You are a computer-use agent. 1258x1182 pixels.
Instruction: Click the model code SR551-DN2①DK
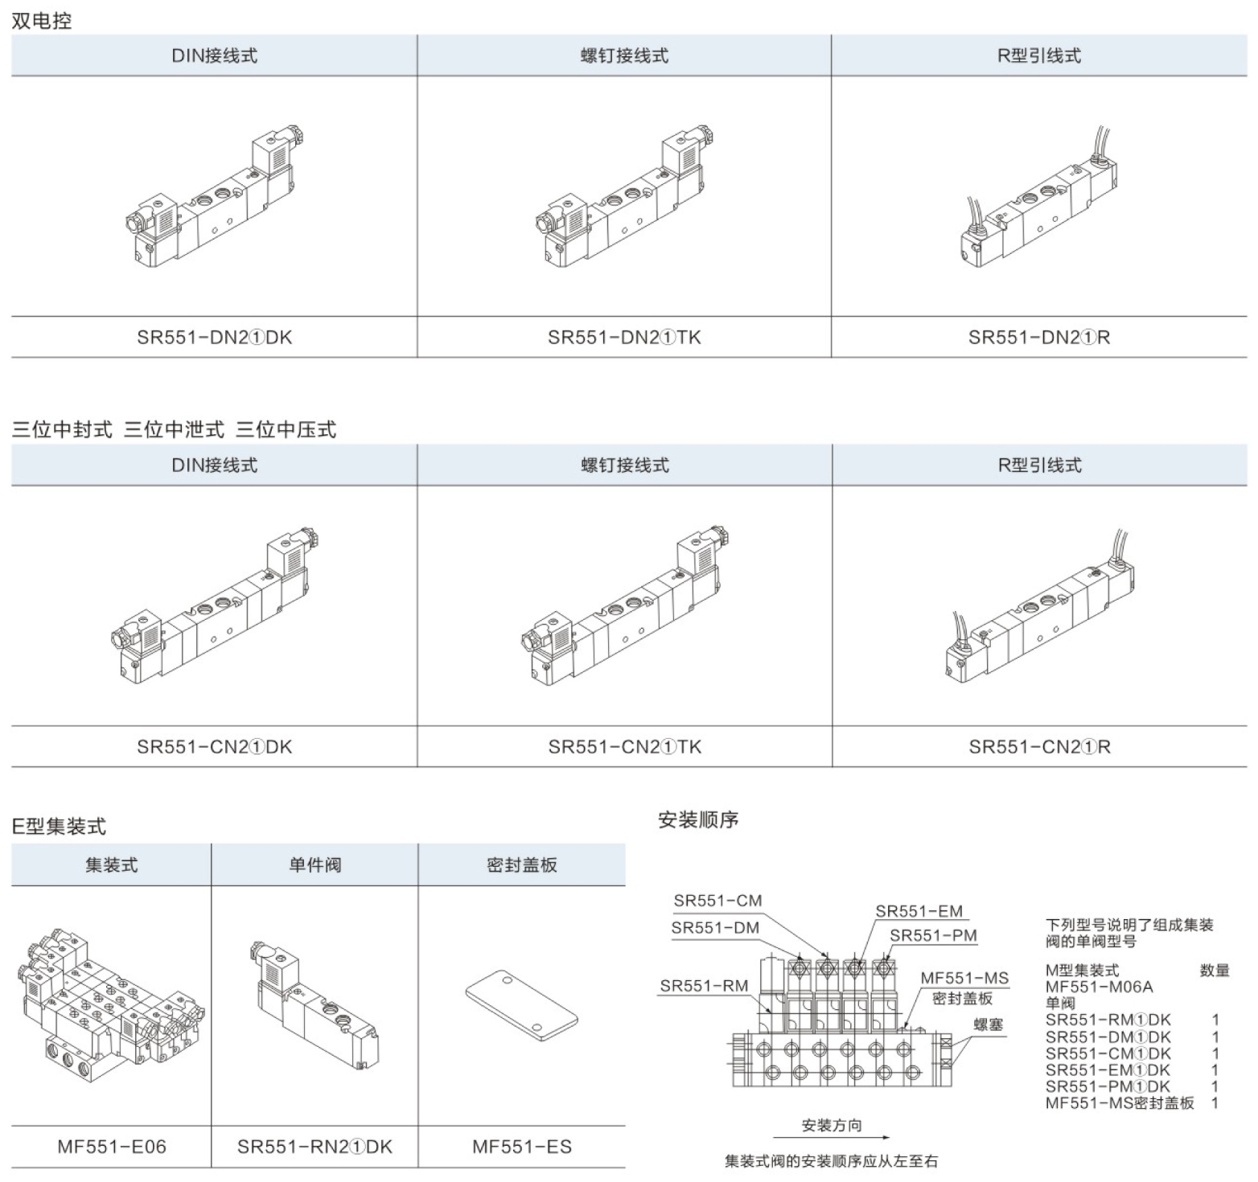point(214,337)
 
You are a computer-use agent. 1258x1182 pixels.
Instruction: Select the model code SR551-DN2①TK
point(624,337)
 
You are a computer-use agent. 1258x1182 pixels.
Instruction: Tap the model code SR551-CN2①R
point(1039,747)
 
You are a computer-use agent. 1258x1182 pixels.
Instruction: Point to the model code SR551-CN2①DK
point(214,747)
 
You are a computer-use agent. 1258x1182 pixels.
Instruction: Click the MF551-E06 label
point(112,1147)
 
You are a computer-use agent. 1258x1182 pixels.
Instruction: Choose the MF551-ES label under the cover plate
point(522,1147)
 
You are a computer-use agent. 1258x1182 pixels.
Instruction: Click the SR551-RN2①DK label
point(314,1147)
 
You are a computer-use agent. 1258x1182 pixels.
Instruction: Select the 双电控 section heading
point(42,21)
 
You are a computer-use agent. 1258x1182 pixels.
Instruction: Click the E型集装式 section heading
point(59,826)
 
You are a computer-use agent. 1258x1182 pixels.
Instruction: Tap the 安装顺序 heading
point(698,820)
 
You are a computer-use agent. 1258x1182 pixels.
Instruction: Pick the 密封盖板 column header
point(522,865)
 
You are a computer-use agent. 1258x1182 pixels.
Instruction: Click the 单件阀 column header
point(314,865)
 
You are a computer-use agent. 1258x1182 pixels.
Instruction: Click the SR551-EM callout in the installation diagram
point(919,911)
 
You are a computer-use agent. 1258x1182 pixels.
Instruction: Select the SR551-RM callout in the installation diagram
point(704,986)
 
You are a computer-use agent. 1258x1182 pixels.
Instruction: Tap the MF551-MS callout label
point(964,978)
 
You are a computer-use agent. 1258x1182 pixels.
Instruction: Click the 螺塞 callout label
point(989,1025)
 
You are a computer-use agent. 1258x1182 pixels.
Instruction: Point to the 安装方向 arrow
point(832,1137)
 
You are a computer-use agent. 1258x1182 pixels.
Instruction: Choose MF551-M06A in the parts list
point(1099,987)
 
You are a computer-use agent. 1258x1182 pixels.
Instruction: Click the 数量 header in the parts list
point(1215,971)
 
